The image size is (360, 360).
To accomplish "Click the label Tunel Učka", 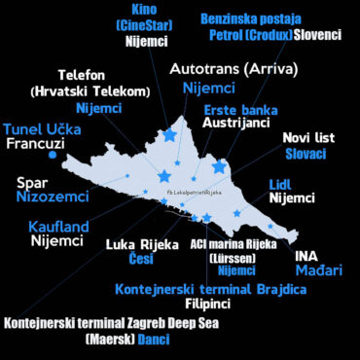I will coord(41,128).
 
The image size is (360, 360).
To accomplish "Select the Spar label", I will coord(33,181).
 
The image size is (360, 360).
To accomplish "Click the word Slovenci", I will coord(318,35).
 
